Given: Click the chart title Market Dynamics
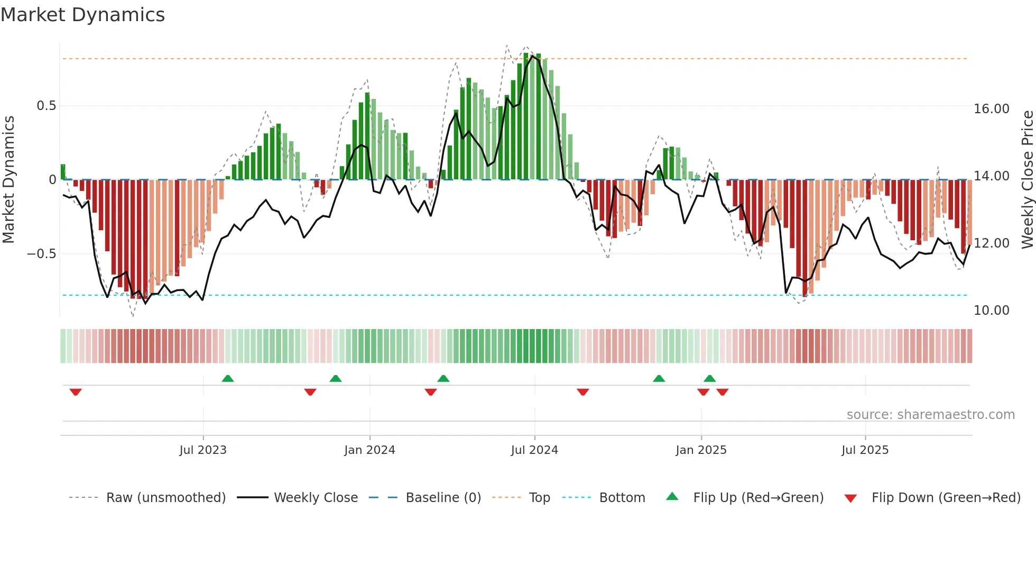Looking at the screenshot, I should (82, 15).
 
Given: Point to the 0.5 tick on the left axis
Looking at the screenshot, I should (46, 106).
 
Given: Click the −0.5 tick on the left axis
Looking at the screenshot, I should (42, 254).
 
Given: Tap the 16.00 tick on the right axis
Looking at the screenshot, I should (992, 109).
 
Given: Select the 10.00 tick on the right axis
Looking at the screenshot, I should (992, 311).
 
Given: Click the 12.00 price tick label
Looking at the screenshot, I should (992, 243).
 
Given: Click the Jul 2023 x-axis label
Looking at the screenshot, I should (203, 450).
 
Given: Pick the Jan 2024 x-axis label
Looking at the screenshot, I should (369, 450).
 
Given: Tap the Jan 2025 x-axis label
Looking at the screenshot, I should (701, 450).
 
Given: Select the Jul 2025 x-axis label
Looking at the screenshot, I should (865, 450).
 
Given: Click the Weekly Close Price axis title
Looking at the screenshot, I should (1027, 179).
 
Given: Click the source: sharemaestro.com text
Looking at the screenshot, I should (930, 415).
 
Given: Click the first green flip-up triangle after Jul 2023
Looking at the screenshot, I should (228, 379).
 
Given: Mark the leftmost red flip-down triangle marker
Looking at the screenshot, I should (76, 392).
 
